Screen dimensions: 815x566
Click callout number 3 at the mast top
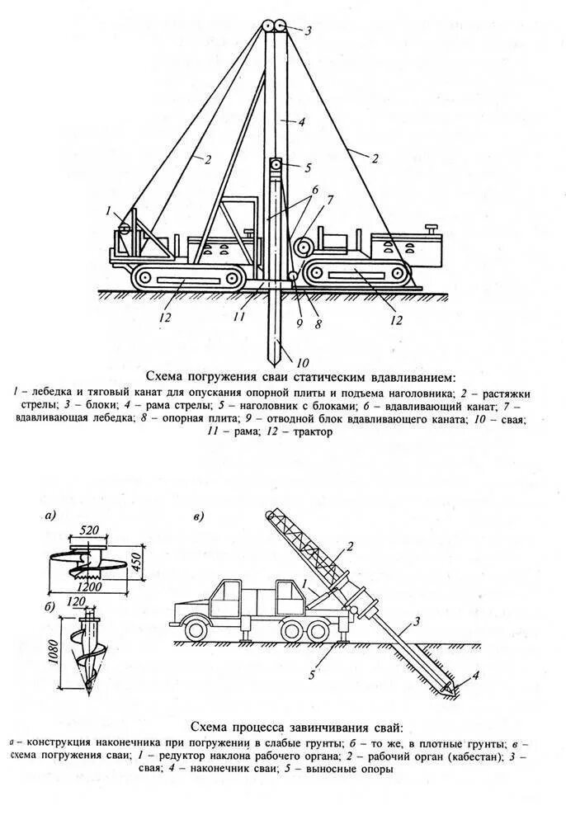[307, 31]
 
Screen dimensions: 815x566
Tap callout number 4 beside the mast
[302, 121]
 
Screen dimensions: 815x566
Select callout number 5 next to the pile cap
[307, 167]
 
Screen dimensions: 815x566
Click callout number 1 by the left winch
[108, 212]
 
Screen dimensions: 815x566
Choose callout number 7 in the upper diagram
[329, 200]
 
